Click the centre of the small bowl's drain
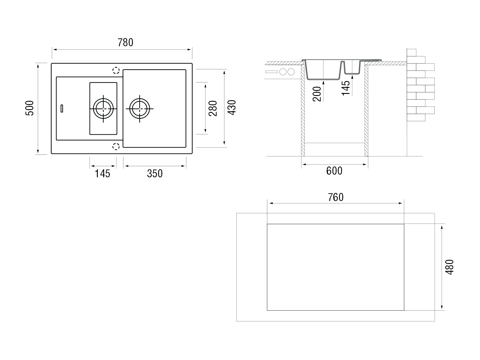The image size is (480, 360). click(x=103, y=109)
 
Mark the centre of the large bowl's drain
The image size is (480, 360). click(x=139, y=109)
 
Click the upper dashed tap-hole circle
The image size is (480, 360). click(x=116, y=70)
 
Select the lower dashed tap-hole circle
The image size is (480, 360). click(x=116, y=146)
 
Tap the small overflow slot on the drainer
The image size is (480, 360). click(x=62, y=108)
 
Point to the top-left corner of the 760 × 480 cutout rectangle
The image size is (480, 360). click(x=267, y=224)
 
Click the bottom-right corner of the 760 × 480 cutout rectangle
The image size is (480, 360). click(x=404, y=310)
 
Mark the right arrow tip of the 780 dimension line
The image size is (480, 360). click(x=191, y=49)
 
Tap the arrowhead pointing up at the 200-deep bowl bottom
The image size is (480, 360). click(x=323, y=82)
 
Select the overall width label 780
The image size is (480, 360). click(x=125, y=42)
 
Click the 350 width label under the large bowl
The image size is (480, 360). click(x=155, y=174)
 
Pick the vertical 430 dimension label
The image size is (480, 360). click(x=232, y=107)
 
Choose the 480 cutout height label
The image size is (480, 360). click(x=449, y=267)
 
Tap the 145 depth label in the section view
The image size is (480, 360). click(x=346, y=88)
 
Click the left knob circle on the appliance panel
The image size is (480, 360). click(x=283, y=72)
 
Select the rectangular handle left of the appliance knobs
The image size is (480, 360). click(x=271, y=72)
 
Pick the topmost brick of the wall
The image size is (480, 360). click(x=411, y=52)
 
